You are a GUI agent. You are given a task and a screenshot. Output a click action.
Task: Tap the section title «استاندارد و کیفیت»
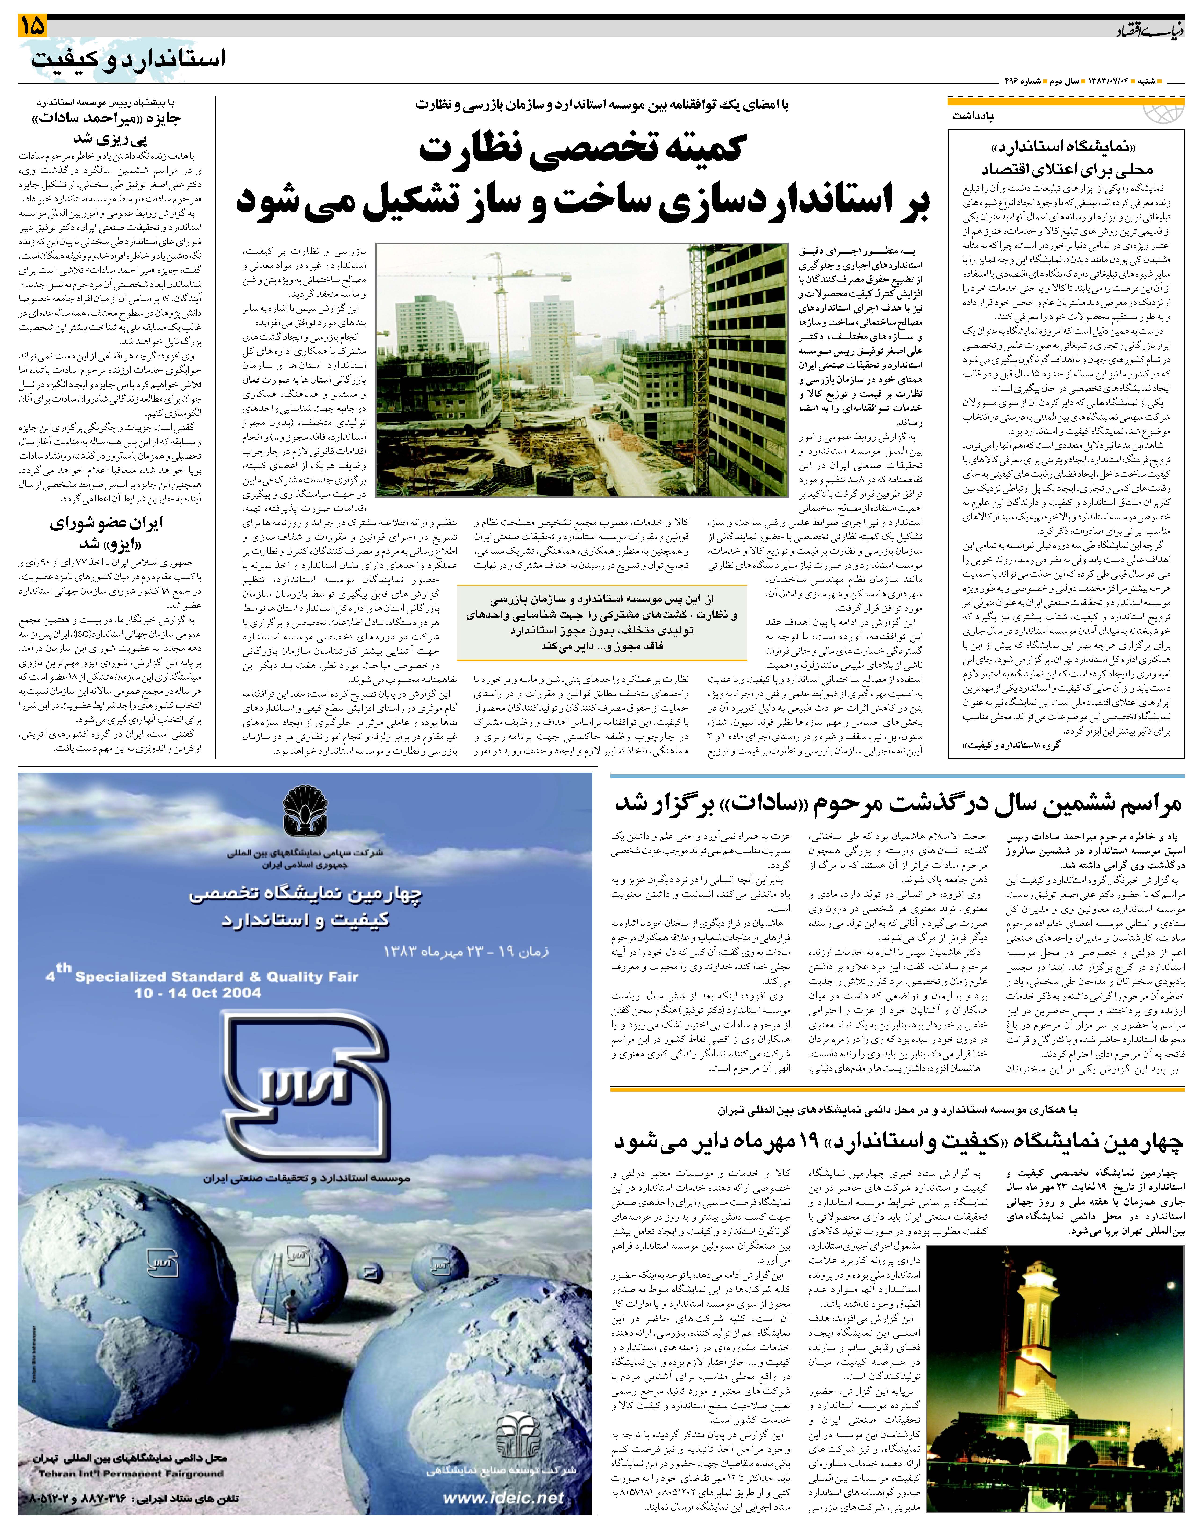click(x=129, y=58)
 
